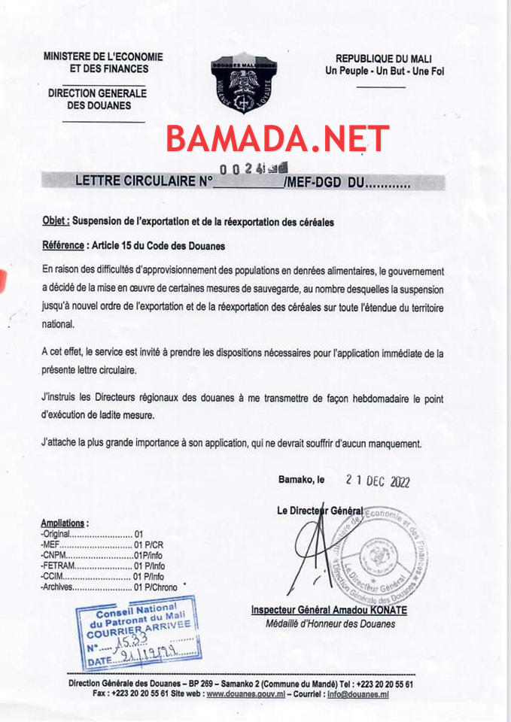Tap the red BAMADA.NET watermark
[278, 139]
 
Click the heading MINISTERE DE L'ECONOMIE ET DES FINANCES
[103, 62]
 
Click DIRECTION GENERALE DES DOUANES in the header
[97, 99]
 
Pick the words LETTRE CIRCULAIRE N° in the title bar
[144, 181]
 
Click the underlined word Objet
[56, 222]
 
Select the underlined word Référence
[63, 245]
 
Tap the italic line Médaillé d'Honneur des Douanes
[330, 623]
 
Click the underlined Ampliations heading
[65, 522]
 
